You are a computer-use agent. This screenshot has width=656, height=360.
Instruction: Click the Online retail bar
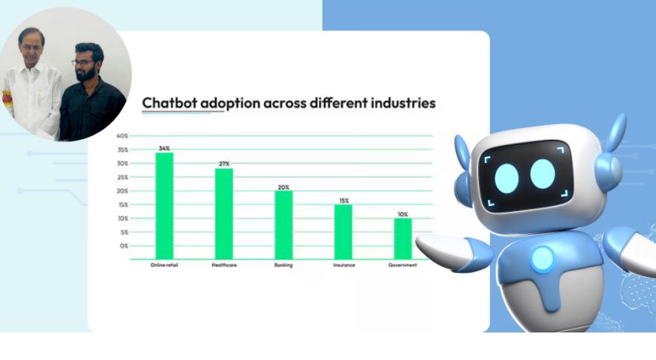pyautogui.click(x=164, y=206)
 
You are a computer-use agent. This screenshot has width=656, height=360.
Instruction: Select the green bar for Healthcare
pyautogui.click(x=224, y=214)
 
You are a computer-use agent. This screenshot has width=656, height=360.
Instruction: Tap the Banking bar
pyautogui.click(x=283, y=225)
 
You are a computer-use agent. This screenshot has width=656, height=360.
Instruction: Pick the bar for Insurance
pyautogui.click(x=343, y=232)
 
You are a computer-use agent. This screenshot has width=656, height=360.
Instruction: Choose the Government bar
pyautogui.click(x=403, y=239)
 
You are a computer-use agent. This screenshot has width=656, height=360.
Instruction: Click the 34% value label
pyautogui.click(x=164, y=149)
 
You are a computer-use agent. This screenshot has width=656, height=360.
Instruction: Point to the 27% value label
pyautogui.click(x=225, y=164)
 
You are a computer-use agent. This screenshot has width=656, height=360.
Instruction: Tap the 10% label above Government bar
pyautogui.click(x=403, y=214)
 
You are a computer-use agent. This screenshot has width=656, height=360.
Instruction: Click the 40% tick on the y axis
pyautogui.click(x=122, y=136)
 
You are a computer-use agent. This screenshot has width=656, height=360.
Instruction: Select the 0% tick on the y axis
pyautogui.click(x=123, y=246)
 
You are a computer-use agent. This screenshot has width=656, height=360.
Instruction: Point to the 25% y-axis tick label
pyautogui.click(x=123, y=178)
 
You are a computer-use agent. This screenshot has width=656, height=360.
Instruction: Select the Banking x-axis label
pyautogui.click(x=283, y=266)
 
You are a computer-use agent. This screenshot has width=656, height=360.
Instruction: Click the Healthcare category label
pyautogui.click(x=225, y=266)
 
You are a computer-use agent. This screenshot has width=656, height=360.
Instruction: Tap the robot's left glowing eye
pyautogui.click(x=507, y=179)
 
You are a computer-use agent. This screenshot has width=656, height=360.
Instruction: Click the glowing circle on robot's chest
pyautogui.click(x=543, y=258)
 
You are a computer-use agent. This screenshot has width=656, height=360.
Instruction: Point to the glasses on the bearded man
pyautogui.click(x=82, y=62)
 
